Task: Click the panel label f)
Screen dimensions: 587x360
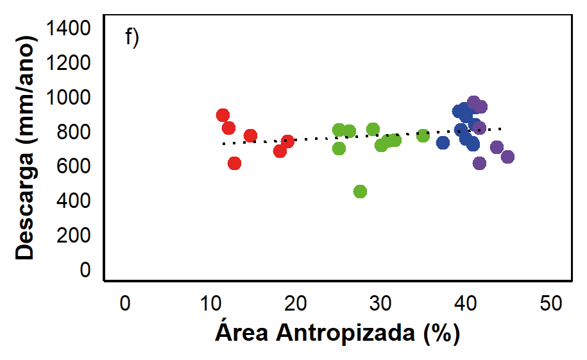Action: click(x=132, y=37)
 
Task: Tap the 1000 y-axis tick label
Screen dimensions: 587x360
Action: click(x=68, y=97)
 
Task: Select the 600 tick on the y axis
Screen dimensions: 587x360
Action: click(x=73, y=166)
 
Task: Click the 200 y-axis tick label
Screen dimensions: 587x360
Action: click(x=73, y=236)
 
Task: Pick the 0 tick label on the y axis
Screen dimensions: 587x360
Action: click(x=85, y=270)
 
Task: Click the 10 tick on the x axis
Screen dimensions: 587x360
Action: click(x=210, y=304)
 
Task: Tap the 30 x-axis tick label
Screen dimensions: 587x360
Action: click(x=380, y=304)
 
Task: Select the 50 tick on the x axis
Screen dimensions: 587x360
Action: click(x=550, y=304)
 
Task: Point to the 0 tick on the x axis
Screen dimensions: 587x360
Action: click(x=125, y=304)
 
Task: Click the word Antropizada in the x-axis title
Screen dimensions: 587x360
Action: click(x=346, y=332)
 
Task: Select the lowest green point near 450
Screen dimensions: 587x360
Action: click(x=360, y=191)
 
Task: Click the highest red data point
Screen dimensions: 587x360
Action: click(x=223, y=115)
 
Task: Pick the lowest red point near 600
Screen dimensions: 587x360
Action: click(x=234, y=164)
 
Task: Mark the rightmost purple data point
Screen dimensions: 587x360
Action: click(x=507, y=157)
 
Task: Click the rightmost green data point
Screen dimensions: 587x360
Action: click(x=423, y=135)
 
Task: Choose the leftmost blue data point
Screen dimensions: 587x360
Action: click(x=443, y=142)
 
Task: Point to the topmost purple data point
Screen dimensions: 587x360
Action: click(x=474, y=102)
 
